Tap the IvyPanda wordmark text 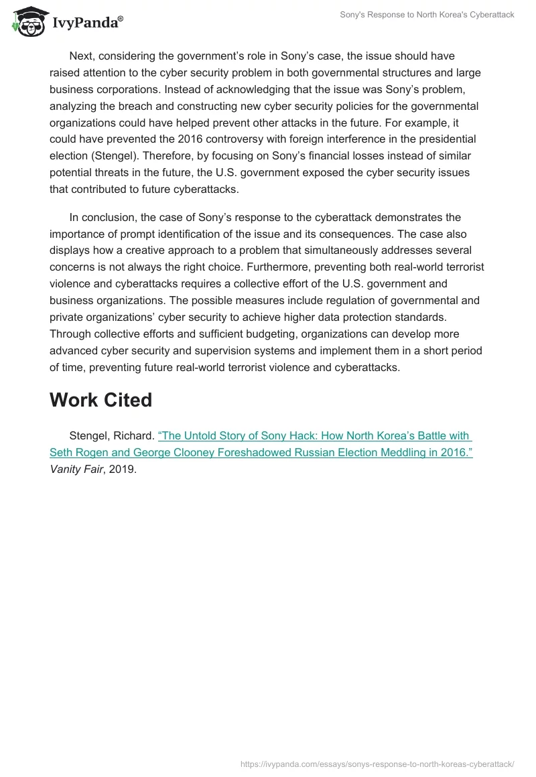86,23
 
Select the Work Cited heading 100,400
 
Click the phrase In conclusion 102,217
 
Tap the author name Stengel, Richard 112,436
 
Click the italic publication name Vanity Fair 74,469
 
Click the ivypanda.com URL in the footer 377,764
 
